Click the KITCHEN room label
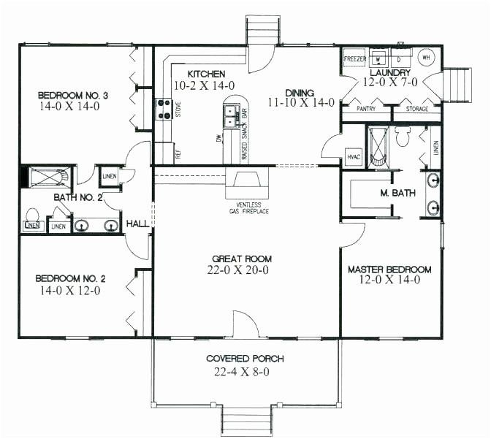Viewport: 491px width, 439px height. (x=205, y=74)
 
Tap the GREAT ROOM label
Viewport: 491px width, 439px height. (x=242, y=259)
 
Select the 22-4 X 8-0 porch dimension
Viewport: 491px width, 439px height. (x=245, y=373)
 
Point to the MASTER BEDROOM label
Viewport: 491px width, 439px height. (x=389, y=268)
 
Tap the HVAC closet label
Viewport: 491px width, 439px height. (x=354, y=156)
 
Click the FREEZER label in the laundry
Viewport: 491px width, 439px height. (x=356, y=58)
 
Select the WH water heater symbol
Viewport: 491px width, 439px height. (x=427, y=57)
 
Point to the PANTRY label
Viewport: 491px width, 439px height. (x=367, y=108)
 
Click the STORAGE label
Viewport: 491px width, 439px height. (x=417, y=108)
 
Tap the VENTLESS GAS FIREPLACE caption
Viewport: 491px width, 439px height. (x=247, y=207)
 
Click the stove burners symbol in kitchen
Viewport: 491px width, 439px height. (x=162, y=108)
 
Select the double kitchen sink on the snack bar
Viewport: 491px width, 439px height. (x=231, y=114)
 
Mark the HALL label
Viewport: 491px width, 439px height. (x=137, y=224)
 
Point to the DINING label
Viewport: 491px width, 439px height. (x=300, y=93)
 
